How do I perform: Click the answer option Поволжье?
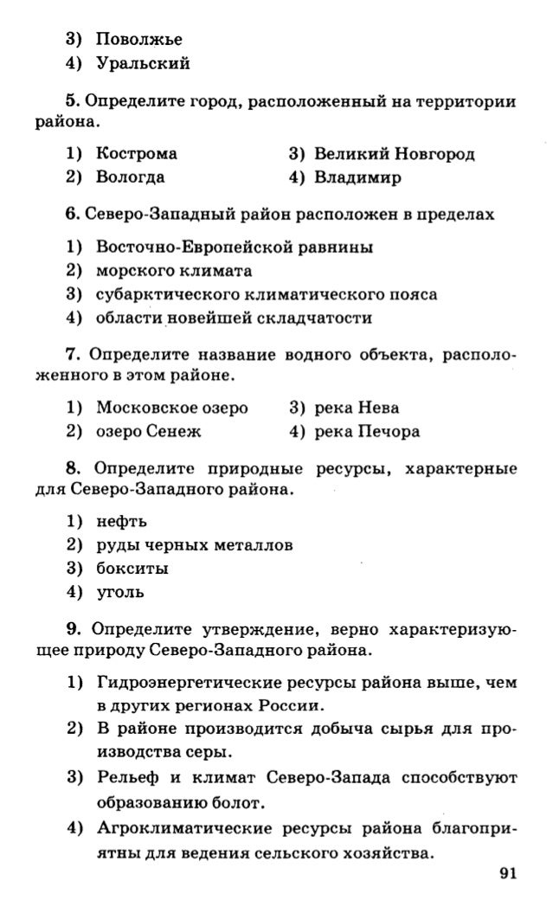coord(139,39)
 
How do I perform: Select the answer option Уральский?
coord(144,63)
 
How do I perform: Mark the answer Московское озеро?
coord(172,407)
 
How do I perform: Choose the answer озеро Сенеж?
coord(148,431)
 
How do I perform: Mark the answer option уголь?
coord(120,594)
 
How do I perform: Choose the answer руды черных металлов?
coord(194,545)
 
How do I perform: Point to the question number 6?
coord(72,213)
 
